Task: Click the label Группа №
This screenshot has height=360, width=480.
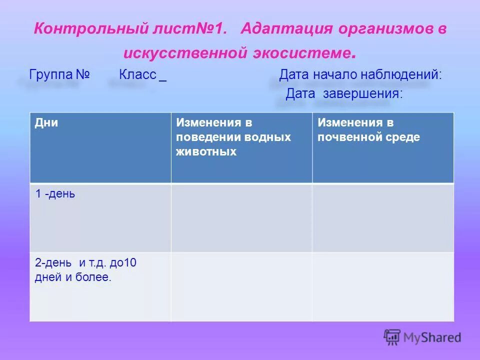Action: [x=59, y=75]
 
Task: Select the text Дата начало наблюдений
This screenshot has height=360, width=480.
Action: [x=360, y=75]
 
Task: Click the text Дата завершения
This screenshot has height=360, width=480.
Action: [x=343, y=93]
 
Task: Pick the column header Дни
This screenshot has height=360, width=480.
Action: [x=46, y=123]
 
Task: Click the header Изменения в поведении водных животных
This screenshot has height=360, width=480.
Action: [x=233, y=137]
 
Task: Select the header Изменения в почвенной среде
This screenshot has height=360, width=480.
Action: [x=369, y=130]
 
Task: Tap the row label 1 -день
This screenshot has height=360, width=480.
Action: [x=55, y=194]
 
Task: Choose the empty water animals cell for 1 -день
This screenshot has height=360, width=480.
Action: [x=241, y=217]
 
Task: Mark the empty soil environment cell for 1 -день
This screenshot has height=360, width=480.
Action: [x=383, y=217]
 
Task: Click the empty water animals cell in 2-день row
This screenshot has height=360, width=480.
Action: [x=241, y=286]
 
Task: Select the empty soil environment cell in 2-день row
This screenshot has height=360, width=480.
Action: [x=383, y=286]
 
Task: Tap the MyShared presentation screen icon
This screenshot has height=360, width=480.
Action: [x=392, y=337]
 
